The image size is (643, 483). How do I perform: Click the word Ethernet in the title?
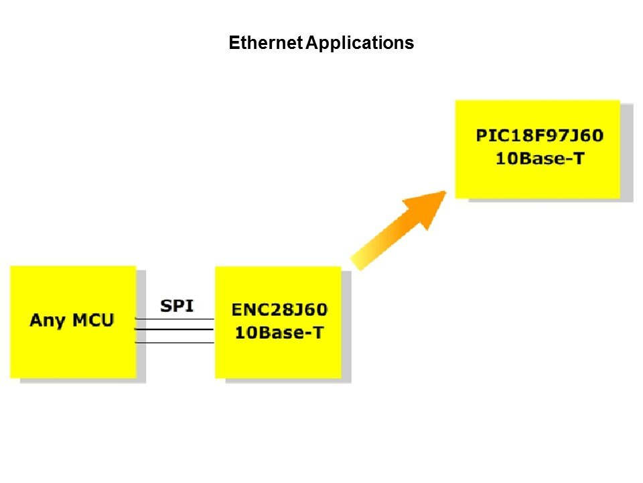pyautogui.click(x=266, y=43)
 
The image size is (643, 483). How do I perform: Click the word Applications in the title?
pyautogui.click(x=360, y=44)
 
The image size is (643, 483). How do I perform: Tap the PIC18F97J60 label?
pyautogui.click(x=540, y=136)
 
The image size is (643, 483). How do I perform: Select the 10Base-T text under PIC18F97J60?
pyautogui.click(x=540, y=158)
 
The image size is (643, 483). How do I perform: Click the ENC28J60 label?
pyautogui.click(x=280, y=310)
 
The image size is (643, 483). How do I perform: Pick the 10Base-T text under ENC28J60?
pyautogui.click(x=280, y=333)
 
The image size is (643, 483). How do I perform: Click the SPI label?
pyautogui.click(x=177, y=306)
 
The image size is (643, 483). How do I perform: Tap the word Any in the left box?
pyautogui.click(x=48, y=321)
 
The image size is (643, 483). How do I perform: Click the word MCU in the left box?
pyautogui.click(x=93, y=320)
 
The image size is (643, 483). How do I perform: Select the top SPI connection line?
pyautogui.click(x=175, y=319)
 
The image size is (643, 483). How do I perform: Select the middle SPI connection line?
pyautogui.click(x=175, y=329)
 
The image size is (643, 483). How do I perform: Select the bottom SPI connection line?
pyautogui.click(x=175, y=342)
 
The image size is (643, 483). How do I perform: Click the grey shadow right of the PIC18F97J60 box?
pyautogui.click(x=627, y=152)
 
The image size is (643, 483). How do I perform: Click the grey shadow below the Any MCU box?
pyautogui.click(x=83, y=381)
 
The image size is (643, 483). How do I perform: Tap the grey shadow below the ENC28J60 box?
pyautogui.click(x=288, y=381)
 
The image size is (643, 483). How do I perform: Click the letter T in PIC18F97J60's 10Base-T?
pyautogui.click(x=579, y=158)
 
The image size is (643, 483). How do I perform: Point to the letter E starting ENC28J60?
pyautogui.click(x=236, y=310)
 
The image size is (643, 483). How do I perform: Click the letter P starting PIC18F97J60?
pyautogui.click(x=481, y=136)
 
